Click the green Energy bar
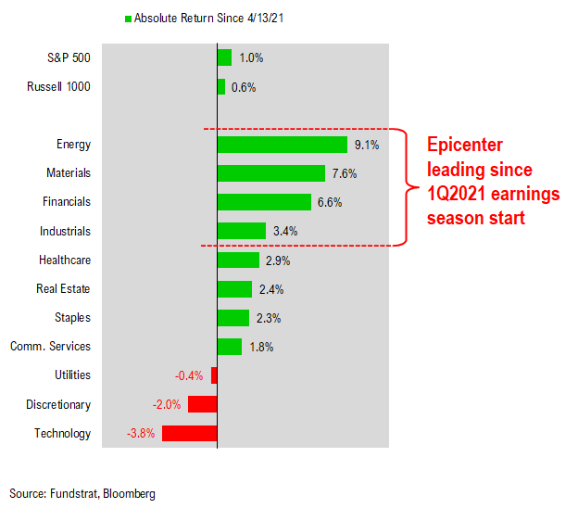[x=282, y=145]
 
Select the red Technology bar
[x=189, y=433]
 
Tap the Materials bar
[x=270, y=173]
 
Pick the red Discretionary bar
[x=202, y=404]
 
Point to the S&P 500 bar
[x=223, y=57]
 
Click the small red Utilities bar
[x=214, y=375]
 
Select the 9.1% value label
[x=367, y=145]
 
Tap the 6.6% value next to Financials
[x=332, y=202]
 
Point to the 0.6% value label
[x=243, y=87]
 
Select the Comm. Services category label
[x=51, y=347]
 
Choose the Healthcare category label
[x=65, y=260]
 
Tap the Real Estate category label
[x=63, y=289]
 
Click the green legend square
[x=128, y=19]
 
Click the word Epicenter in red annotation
[x=464, y=146]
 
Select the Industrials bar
[x=241, y=231]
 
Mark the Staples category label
[x=71, y=318]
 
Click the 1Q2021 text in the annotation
[x=458, y=195]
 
